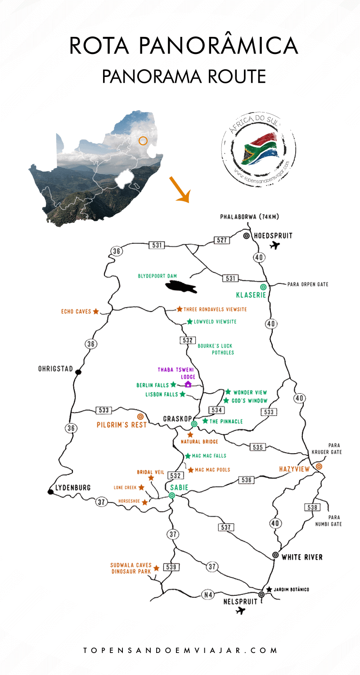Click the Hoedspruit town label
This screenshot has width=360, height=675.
point(273,235)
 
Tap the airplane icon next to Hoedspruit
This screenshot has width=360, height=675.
point(274,246)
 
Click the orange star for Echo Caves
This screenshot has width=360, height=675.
point(96,311)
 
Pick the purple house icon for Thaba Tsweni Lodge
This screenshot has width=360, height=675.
point(188,384)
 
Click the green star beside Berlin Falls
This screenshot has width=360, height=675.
point(173,385)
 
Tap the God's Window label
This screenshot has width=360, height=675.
point(250,400)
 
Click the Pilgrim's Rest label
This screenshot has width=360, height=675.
point(121,425)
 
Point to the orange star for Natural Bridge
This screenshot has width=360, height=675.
point(190,435)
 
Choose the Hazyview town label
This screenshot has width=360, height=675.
point(295,469)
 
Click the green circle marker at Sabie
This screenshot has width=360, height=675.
point(171,495)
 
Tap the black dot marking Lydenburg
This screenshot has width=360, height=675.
point(51,492)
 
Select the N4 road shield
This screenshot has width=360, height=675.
point(207,595)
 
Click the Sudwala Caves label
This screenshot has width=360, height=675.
point(130,565)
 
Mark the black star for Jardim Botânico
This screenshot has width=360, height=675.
point(269,589)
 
